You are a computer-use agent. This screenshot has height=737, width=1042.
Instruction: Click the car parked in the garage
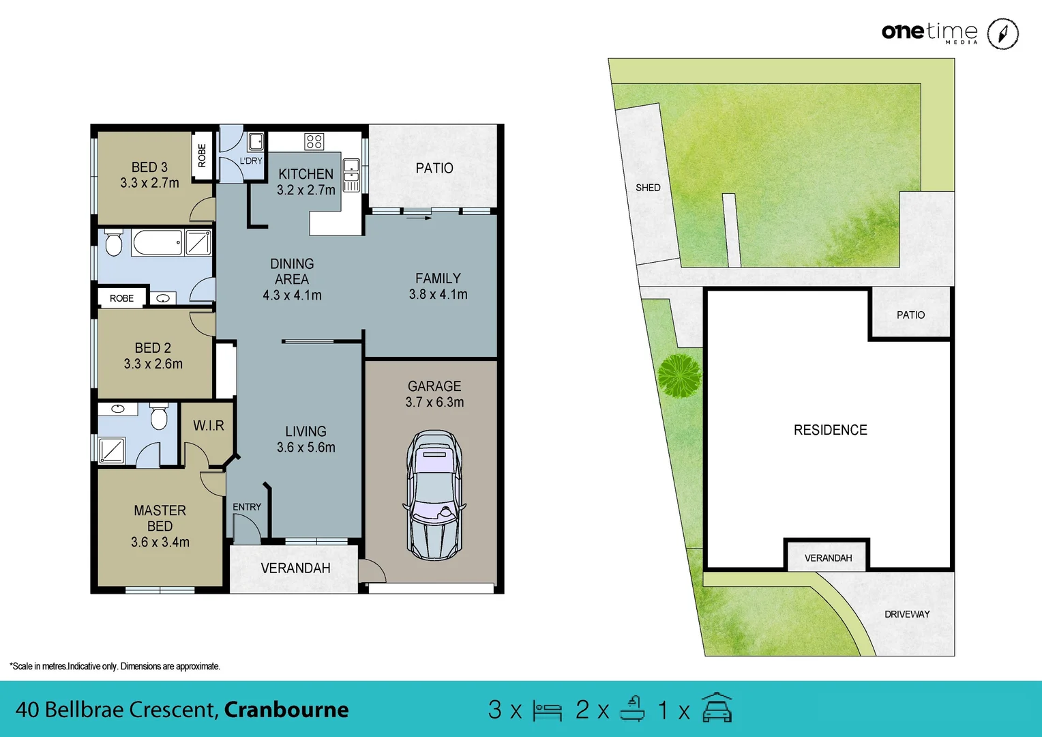[434, 495]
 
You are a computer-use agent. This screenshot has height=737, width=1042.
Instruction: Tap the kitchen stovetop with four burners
[314, 141]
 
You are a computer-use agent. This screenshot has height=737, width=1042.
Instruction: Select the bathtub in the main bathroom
[157, 242]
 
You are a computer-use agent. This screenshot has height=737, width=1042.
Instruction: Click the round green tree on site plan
[679, 375]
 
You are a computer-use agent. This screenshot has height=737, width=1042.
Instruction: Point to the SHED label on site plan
[648, 188]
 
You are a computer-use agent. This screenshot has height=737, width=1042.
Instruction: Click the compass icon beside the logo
[1003, 33]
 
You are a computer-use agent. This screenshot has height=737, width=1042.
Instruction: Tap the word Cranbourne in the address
[286, 710]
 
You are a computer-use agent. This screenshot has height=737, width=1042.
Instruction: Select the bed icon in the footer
[547, 711]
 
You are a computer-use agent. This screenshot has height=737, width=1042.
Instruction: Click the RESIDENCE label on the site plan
[830, 430]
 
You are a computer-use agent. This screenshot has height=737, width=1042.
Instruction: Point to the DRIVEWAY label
[907, 614]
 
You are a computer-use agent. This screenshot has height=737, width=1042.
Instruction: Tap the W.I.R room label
[209, 426]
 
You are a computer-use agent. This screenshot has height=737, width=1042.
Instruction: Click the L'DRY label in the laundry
[250, 161]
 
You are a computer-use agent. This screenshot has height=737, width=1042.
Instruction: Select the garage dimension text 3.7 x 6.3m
[434, 403]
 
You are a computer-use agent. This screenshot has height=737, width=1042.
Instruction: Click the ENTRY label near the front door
[247, 507]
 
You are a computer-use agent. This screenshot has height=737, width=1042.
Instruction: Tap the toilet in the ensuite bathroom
[159, 417]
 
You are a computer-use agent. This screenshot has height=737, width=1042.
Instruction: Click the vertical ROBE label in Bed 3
[202, 156]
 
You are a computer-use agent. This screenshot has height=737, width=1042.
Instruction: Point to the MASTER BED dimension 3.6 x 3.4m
[160, 543]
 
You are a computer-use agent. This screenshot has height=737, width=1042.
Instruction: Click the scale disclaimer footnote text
[115, 666]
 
